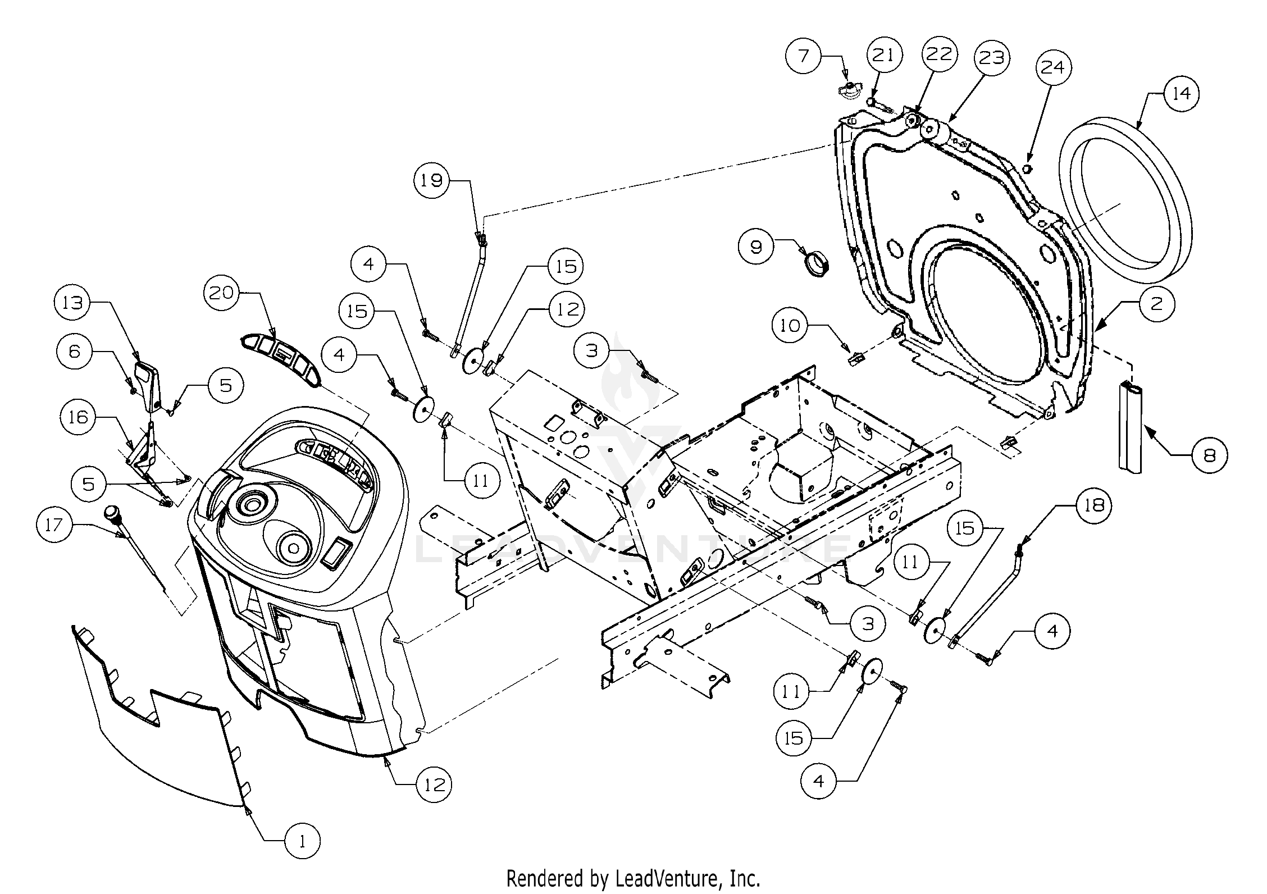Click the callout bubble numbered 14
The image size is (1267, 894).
pos(1182,93)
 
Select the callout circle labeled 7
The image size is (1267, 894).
pos(804,56)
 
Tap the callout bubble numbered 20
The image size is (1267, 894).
pos(221,293)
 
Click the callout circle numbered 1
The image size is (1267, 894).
pos(302,857)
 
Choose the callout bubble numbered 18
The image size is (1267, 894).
pos(1094,506)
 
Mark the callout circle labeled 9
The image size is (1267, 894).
pos(756,247)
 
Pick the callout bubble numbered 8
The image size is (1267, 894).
pos(1209,455)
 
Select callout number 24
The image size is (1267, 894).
pos(1052,67)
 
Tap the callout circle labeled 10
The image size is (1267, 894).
pos(790,325)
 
